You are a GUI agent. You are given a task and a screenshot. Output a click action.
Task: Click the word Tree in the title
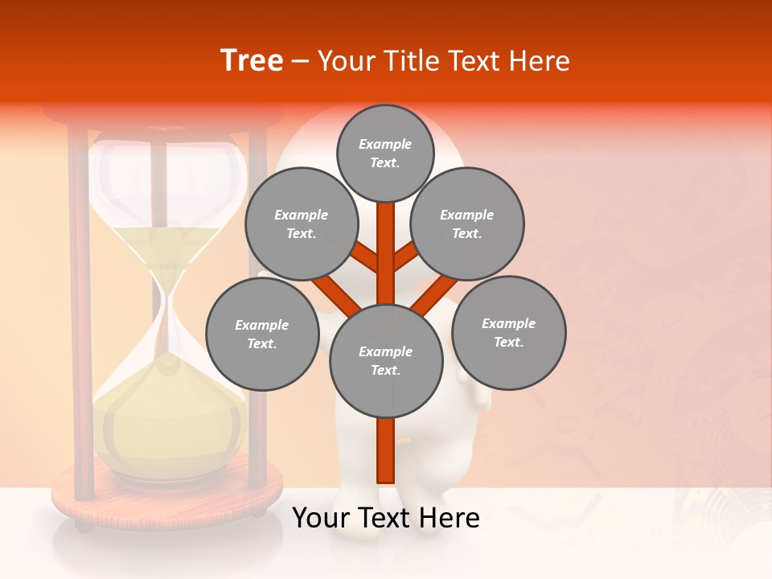coord(252,60)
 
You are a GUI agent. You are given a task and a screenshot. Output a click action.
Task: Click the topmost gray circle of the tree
coord(385,153)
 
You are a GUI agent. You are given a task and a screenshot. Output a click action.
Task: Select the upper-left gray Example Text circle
coord(301,224)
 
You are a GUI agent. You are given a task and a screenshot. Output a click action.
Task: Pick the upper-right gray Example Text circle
coord(466,224)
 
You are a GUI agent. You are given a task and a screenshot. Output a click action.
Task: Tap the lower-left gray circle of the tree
coord(261,334)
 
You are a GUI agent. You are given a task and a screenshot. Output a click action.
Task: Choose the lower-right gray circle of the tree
coord(508,332)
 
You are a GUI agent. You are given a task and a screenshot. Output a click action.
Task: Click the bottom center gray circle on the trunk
coord(385,360)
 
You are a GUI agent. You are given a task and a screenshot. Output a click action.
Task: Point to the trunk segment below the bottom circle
coord(385,450)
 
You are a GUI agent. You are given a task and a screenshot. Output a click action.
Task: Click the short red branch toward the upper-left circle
coord(364,257)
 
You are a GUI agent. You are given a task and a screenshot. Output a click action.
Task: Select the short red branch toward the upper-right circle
coord(406,255)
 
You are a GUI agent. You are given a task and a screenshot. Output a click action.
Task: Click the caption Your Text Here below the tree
coord(385,518)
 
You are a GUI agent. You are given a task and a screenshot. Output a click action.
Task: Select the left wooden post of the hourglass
coord(79,314)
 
